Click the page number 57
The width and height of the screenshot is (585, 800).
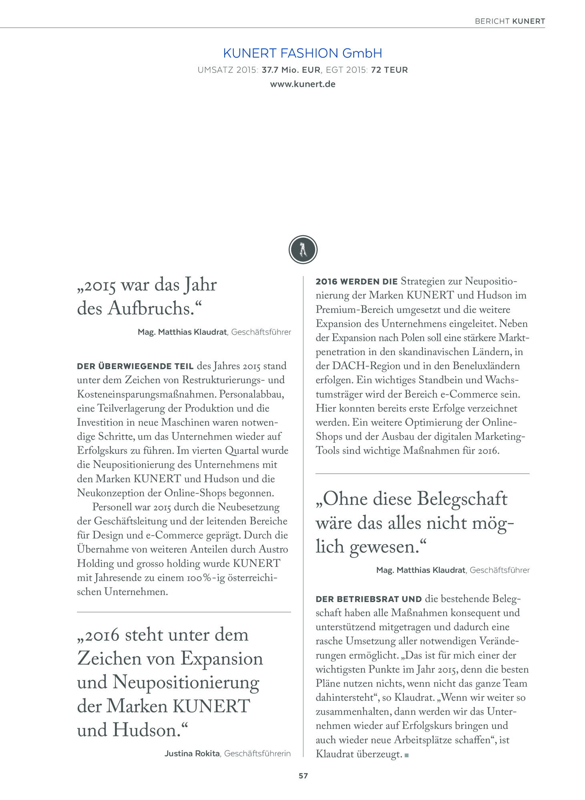coord(303,776)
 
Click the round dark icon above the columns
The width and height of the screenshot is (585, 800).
coord(303,250)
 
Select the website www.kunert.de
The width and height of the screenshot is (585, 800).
coord(303,84)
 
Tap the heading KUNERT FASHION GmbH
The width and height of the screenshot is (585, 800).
coord(303,53)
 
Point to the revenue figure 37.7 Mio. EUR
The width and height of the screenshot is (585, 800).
coord(291,70)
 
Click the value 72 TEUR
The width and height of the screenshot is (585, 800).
coord(389,70)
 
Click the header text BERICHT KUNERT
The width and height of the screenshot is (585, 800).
coord(510,21)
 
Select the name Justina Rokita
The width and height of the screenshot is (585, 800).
coord(192,754)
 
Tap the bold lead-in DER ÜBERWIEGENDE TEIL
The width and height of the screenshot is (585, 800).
coord(135,366)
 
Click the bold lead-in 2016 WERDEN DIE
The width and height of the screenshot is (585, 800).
coord(356,282)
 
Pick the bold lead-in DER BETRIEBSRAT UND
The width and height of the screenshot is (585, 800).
coord(369,599)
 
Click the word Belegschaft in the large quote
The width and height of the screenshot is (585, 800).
coord(462,499)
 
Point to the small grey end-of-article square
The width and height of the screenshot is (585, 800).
coord(407,755)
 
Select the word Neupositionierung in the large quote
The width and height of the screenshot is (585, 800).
coord(186,683)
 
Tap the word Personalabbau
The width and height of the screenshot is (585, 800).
coord(251,394)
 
